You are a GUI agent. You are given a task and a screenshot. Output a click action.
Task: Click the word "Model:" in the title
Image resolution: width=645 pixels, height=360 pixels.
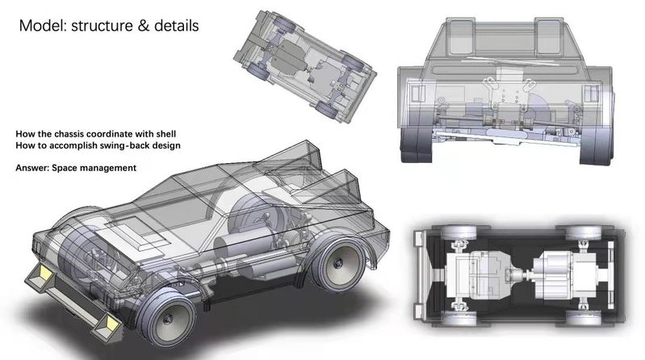[42, 26]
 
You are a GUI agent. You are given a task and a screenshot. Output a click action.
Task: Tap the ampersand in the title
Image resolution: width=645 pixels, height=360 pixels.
[143, 26]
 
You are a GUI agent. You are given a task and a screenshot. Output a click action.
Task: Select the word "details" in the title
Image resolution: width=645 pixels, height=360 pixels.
[177, 26]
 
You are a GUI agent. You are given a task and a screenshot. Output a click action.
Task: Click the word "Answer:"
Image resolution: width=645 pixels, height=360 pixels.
[32, 168]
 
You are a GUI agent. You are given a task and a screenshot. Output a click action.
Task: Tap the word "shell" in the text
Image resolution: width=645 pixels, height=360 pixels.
[165, 134]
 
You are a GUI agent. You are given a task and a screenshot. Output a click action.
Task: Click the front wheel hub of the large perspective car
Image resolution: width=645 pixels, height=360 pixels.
[167, 319]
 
